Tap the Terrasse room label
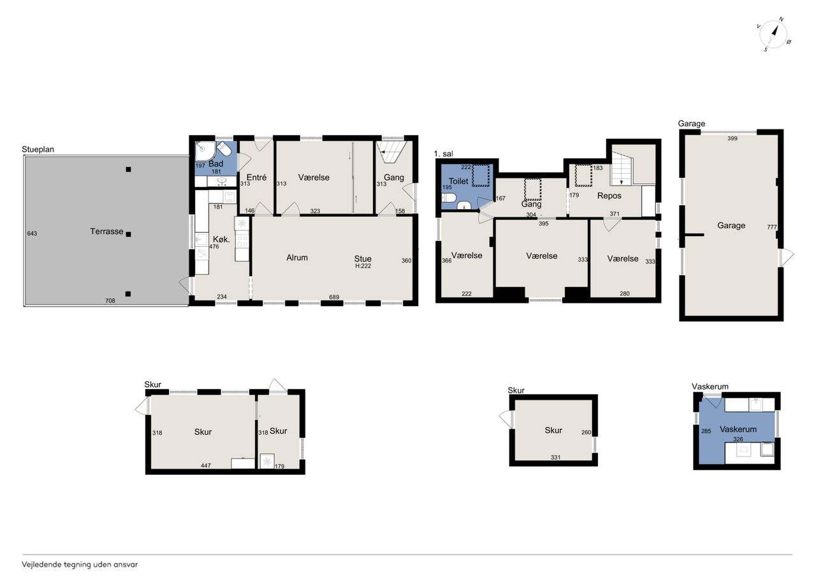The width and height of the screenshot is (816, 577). pos(106,231)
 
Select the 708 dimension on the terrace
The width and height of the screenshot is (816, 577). pos(110,300)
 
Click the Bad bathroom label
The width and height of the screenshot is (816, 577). pos(215,164)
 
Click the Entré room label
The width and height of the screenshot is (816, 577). pos(256,177)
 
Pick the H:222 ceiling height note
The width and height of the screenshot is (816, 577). pos(363,266)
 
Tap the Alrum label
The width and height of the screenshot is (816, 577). pos(297,258)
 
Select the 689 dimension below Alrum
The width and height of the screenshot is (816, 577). pos(334,297)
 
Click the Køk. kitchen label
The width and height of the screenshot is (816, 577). pos(221,239)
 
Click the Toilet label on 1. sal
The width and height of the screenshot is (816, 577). pos(458,181)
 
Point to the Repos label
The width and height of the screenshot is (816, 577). pos(609,196)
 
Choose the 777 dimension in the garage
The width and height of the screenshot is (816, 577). pos(771,227)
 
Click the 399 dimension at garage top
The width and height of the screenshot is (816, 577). pos(732,138)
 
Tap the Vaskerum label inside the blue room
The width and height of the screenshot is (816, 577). pos(738,429)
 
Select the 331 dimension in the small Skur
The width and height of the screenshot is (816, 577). pos(555,457)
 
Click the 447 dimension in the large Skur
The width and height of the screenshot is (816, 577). pos(206,465)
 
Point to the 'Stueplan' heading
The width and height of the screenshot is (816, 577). pos(38,149)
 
